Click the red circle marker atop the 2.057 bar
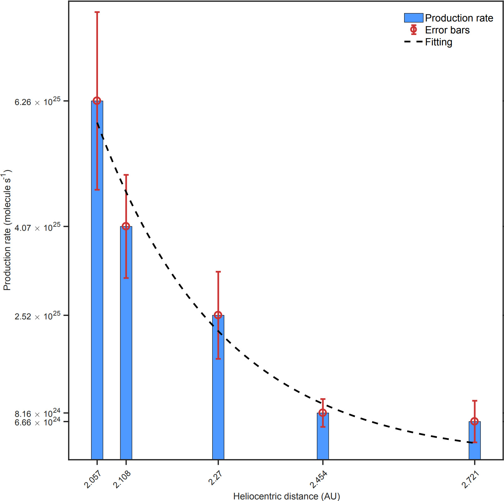coord(97,101)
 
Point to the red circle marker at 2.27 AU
coord(218,315)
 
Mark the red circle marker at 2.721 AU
coord(474,422)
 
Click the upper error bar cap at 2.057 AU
coord(97,12)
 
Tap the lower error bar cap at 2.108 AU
coord(126,278)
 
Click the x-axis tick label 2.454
coord(318,479)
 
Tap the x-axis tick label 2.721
coord(470,479)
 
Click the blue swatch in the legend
coord(413,18)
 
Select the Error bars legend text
coord(447,30)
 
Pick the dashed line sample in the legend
coord(413,42)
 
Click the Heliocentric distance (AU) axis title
coord(286,496)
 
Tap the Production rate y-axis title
coord(8,230)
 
